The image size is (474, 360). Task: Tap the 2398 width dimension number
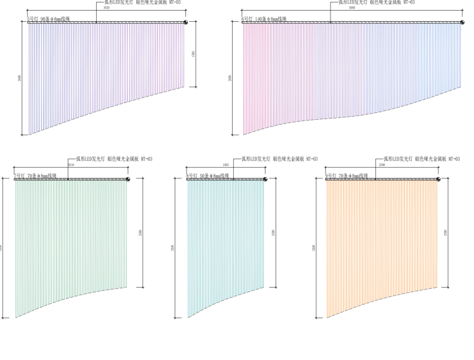coord(382,165)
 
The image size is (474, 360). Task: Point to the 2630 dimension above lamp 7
coord(70,165)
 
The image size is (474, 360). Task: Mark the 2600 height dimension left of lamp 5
coord(21,78)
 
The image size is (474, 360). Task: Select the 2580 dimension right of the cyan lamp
coord(273,233)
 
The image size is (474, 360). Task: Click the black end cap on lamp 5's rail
coord(186,23)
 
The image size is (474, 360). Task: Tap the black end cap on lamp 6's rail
coord(463,23)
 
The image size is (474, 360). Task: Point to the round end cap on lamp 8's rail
coord(264,180)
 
